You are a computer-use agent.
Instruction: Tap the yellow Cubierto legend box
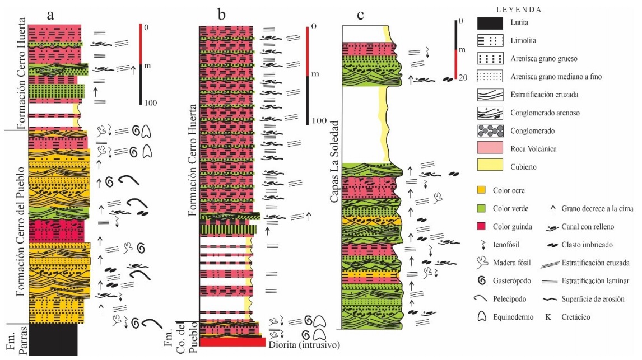coord(494,166)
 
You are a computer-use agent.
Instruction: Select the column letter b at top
coord(222,15)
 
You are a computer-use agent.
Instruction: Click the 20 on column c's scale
coord(463,78)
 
